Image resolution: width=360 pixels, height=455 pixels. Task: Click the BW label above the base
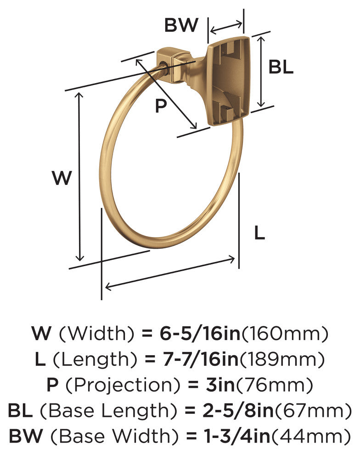pyautogui.click(x=181, y=25)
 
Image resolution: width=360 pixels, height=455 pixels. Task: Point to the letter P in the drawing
pyautogui.click(x=161, y=106)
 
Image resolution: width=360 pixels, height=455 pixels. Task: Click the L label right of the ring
pyautogui.click(x=259, y=233)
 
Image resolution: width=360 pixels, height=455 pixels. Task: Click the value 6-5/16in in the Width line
pyautogui.click(x=200, y=333)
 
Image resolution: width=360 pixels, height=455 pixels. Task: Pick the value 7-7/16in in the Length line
pyautogui.click(x=200, y=359)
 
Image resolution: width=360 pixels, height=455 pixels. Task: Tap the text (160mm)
pyautogui.click(x=285, y=333)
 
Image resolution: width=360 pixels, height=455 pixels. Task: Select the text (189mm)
pyautogui.click(x=281, y=359)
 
